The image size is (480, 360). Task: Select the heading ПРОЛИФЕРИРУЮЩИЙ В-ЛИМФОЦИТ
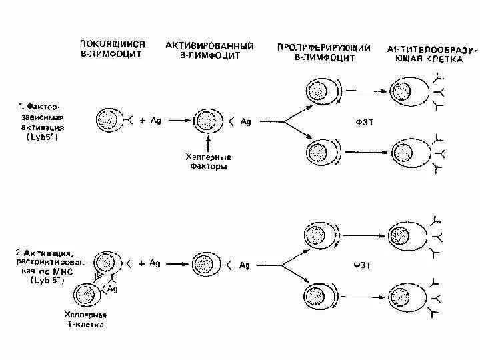[315, 53]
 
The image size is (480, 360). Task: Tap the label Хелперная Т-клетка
[86, 319]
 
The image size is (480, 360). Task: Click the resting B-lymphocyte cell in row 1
[108, 121]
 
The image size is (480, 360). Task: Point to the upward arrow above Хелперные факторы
[209, 142]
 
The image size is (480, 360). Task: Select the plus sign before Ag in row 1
[143, 121]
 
